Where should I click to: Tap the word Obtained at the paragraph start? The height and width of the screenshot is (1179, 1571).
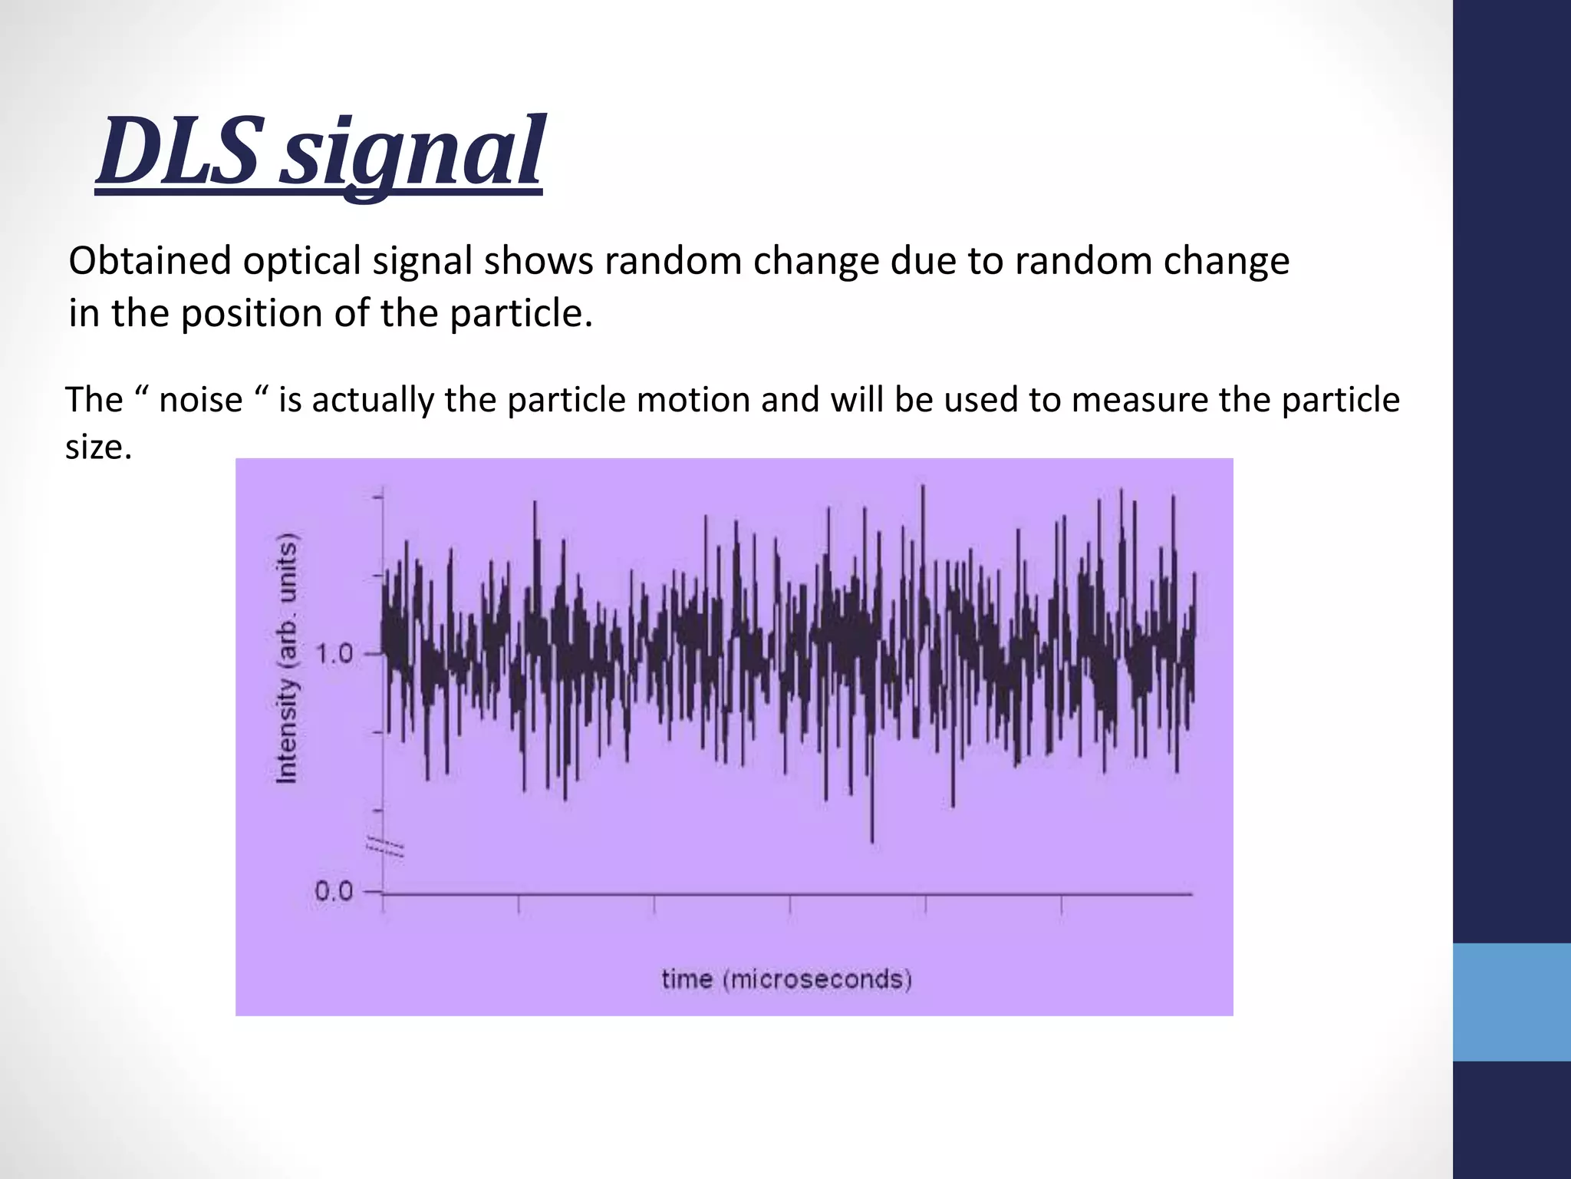(150, 261)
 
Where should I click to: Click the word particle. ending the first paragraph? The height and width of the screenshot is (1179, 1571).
(522, 313)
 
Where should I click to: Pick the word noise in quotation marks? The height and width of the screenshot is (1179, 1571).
(200, 400)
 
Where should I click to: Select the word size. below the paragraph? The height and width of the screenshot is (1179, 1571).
(98, 447)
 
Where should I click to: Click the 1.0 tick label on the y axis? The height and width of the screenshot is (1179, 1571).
(335, 654)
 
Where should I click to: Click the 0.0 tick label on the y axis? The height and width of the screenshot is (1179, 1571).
(334, 892)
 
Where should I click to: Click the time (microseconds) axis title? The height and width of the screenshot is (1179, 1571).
(786, 979)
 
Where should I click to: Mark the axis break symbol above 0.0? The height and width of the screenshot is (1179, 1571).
(384, 847)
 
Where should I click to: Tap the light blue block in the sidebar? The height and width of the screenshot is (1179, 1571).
(1511, 1002)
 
